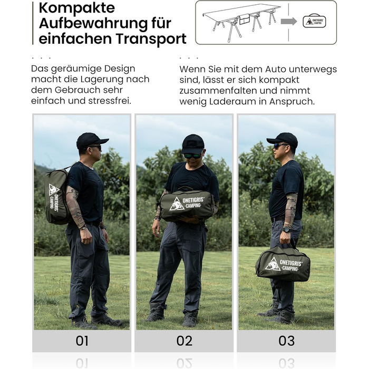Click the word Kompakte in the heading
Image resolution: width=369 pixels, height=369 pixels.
(77, 8)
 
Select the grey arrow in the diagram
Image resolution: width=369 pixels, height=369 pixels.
(289, 22)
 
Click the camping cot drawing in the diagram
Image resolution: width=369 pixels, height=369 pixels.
(241, 22)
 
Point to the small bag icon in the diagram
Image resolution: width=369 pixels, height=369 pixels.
(314, 21)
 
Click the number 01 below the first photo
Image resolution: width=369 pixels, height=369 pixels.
(82, 341)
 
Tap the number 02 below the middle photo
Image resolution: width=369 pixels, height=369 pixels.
(184, 341)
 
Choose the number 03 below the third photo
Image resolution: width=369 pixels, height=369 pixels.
(286, 341)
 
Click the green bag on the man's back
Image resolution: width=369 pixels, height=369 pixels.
(56, 196)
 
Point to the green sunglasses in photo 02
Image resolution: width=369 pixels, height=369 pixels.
(192, 156)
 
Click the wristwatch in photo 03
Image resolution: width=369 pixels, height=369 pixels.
(287, 229)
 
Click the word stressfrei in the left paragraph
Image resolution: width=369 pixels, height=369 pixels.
(110, 101)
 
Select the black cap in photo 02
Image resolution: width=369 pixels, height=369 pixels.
(192, 143)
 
